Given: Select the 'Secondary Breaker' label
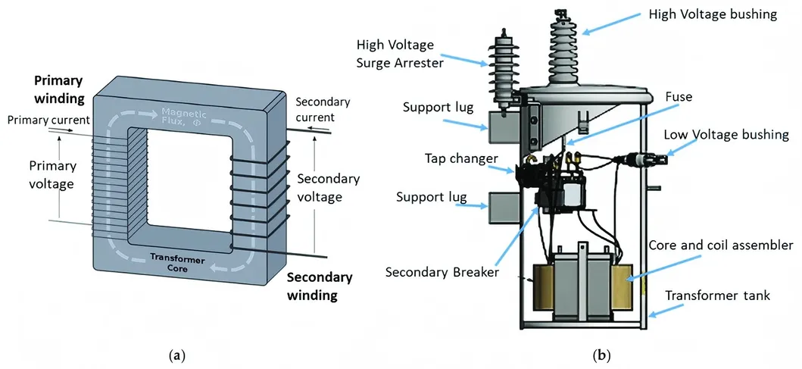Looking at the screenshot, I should coord(442,271).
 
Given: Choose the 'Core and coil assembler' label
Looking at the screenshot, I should coord(721,245).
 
